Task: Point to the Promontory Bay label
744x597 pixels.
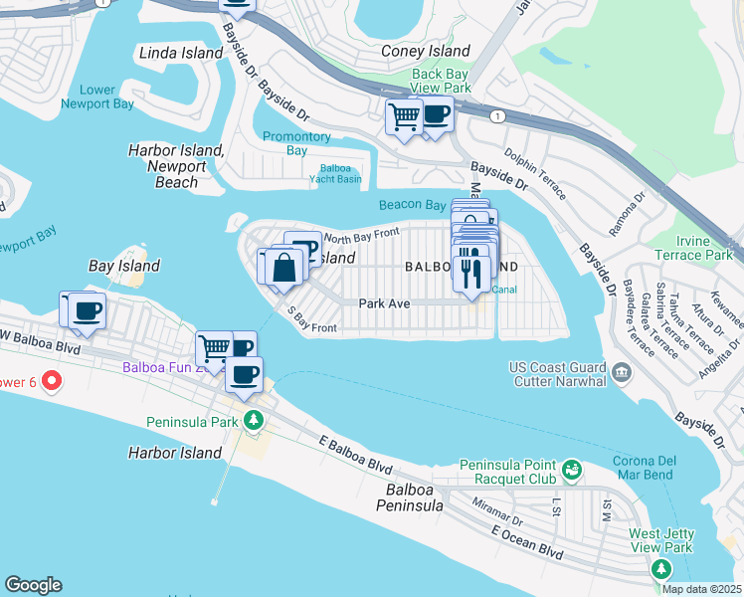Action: tap(296, 143)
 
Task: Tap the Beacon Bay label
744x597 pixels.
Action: tap(411, 205)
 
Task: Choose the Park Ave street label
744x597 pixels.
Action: tap(386, 303)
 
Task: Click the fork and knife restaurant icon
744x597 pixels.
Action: tap(471, 271)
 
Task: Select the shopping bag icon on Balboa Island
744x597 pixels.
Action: tap(283, 267)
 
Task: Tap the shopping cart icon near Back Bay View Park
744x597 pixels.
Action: tap(404, 117)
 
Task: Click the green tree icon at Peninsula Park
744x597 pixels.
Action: tap(254, 420)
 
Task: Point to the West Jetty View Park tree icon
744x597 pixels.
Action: tap(659, 568)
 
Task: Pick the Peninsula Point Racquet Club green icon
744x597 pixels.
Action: tap(572, 468)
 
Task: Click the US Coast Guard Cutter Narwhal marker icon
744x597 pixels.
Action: tap(622, 372)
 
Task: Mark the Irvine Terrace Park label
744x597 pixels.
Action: tap(706, 248)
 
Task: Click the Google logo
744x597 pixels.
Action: tap(33, 585)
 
